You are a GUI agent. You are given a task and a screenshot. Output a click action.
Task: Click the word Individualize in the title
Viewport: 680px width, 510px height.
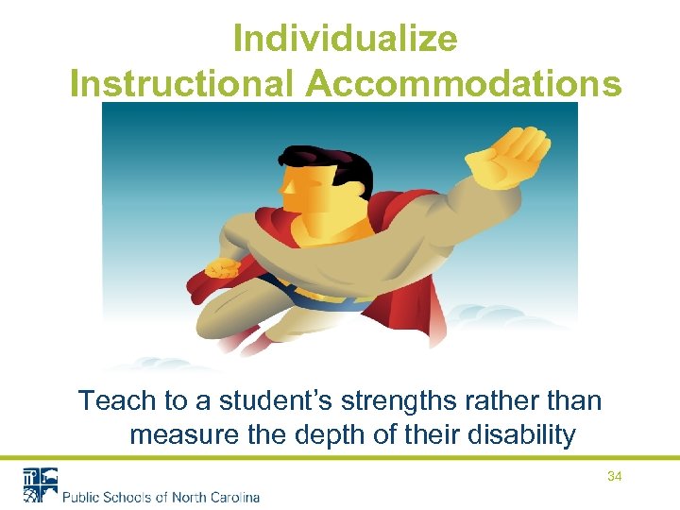pos(345,40)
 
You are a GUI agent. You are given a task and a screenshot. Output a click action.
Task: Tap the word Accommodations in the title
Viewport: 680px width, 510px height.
pos(464,83)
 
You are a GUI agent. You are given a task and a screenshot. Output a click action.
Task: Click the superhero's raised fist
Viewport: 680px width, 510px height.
pos(510,156)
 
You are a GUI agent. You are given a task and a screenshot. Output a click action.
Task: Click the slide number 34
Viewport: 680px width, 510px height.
pos(614,477)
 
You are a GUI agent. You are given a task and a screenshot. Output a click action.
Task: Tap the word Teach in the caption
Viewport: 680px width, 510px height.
pos(118,400)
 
